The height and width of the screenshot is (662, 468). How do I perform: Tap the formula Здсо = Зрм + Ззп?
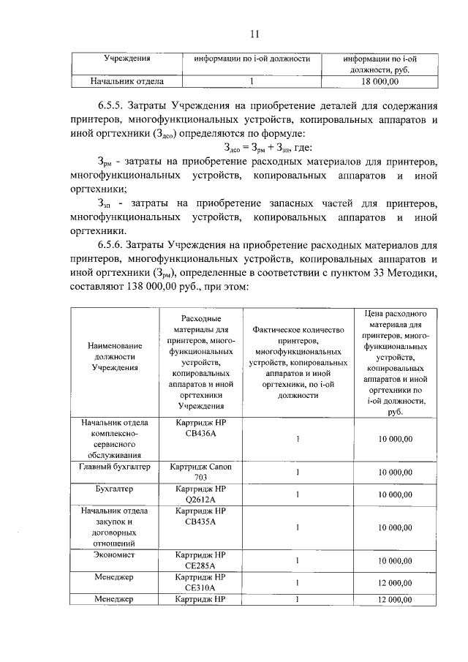[252, 149]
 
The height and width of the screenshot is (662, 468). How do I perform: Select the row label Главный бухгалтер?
[114, 466]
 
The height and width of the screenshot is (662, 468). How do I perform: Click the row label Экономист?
[114, 555]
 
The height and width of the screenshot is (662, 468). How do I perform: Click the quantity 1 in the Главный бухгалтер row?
[298, 472]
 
